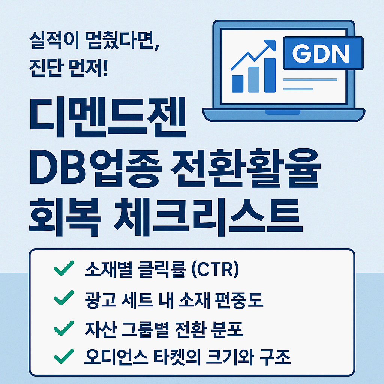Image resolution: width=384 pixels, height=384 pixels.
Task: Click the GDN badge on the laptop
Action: (323, 53)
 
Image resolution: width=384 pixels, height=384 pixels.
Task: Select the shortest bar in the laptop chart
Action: (237, 84)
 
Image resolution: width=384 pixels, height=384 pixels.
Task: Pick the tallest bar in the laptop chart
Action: (270, 75)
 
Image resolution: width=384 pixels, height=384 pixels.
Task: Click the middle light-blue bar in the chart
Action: (254, 79)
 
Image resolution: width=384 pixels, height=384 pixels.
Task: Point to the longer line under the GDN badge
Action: (310, 79)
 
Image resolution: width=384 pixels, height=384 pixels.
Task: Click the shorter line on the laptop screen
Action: (298, 89)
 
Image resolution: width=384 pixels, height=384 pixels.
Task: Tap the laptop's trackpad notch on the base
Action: (283, 112)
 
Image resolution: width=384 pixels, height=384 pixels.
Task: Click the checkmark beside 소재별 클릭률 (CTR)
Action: (64, 268)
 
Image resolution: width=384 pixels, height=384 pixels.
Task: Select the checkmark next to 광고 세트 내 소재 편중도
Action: (64, 298)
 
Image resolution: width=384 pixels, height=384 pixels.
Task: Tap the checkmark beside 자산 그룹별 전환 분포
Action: (64, 328)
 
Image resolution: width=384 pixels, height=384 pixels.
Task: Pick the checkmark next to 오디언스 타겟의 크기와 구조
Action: (64, 356)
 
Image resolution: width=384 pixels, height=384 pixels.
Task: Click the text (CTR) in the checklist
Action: (215, 270)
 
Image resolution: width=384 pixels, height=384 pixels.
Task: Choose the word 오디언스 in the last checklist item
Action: (116, 357)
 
